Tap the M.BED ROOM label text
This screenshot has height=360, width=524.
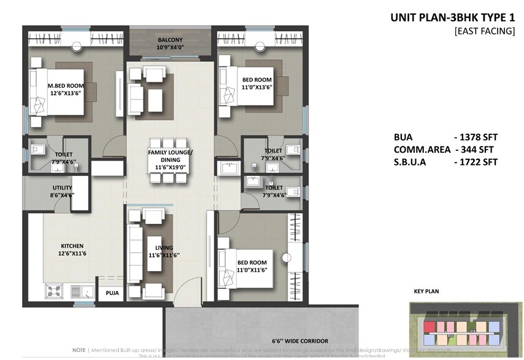coord(66,86)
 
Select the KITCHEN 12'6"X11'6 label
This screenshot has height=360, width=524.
coord(72,250)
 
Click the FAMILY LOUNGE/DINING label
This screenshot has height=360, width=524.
coord(170,155)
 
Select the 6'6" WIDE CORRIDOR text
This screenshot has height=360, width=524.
coord(300,340)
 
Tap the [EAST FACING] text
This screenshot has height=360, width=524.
coord(484,30)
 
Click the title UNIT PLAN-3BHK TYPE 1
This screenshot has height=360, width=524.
coord(453,17)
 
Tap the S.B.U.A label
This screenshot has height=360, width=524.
coord(414,162)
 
